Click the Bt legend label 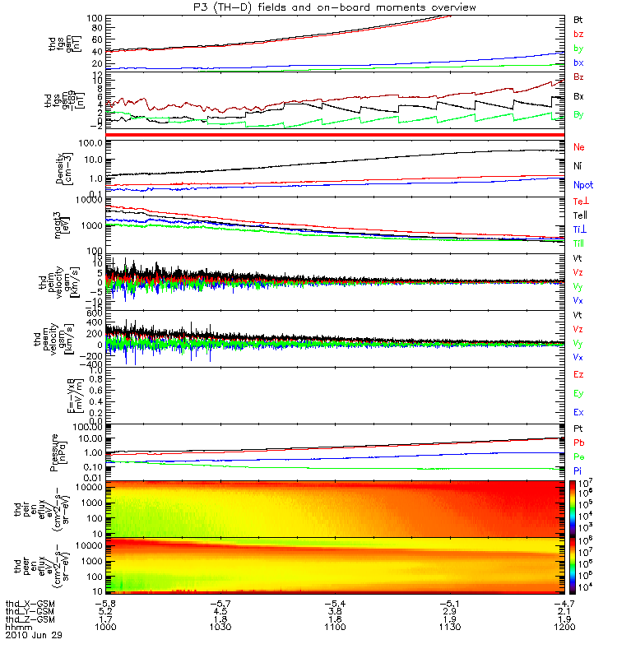578,18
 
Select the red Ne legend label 579,146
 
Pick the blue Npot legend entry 583,186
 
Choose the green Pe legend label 579,456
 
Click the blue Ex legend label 579,411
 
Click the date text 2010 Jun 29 34,636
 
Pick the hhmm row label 19,627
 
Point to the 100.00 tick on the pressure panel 90,426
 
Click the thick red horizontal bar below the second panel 336,134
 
